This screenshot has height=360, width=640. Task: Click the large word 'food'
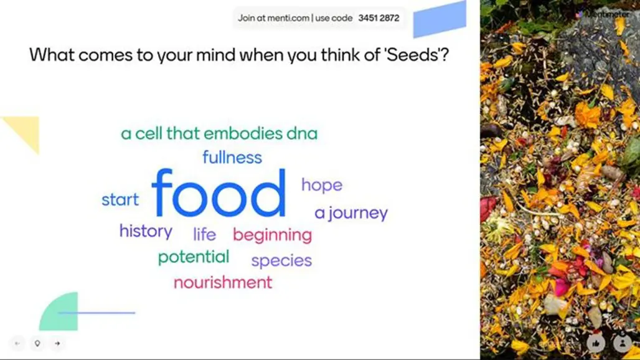(219, 193)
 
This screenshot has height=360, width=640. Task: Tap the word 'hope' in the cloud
(322, 186)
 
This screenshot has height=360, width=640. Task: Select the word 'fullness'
(232, 157)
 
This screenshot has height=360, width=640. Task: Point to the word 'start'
(120, 199)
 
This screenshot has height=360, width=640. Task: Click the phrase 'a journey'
(351, 213)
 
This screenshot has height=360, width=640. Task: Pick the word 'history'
(146, 232)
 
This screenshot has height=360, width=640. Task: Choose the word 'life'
(204, 234)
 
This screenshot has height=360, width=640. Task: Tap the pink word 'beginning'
(272, 235)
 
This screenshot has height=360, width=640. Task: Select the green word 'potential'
(194, 257)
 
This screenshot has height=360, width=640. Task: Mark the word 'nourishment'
(223, 282)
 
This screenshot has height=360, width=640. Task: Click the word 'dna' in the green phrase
(302, 133)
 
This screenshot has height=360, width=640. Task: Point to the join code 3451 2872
(379, 18)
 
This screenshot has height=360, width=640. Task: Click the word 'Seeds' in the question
(412, 54)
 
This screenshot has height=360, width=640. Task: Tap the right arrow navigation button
(57, 344)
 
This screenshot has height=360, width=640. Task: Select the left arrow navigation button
(17, 344)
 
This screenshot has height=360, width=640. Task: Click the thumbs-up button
(596, 343)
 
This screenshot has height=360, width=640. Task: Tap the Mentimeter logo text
(608, 14)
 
